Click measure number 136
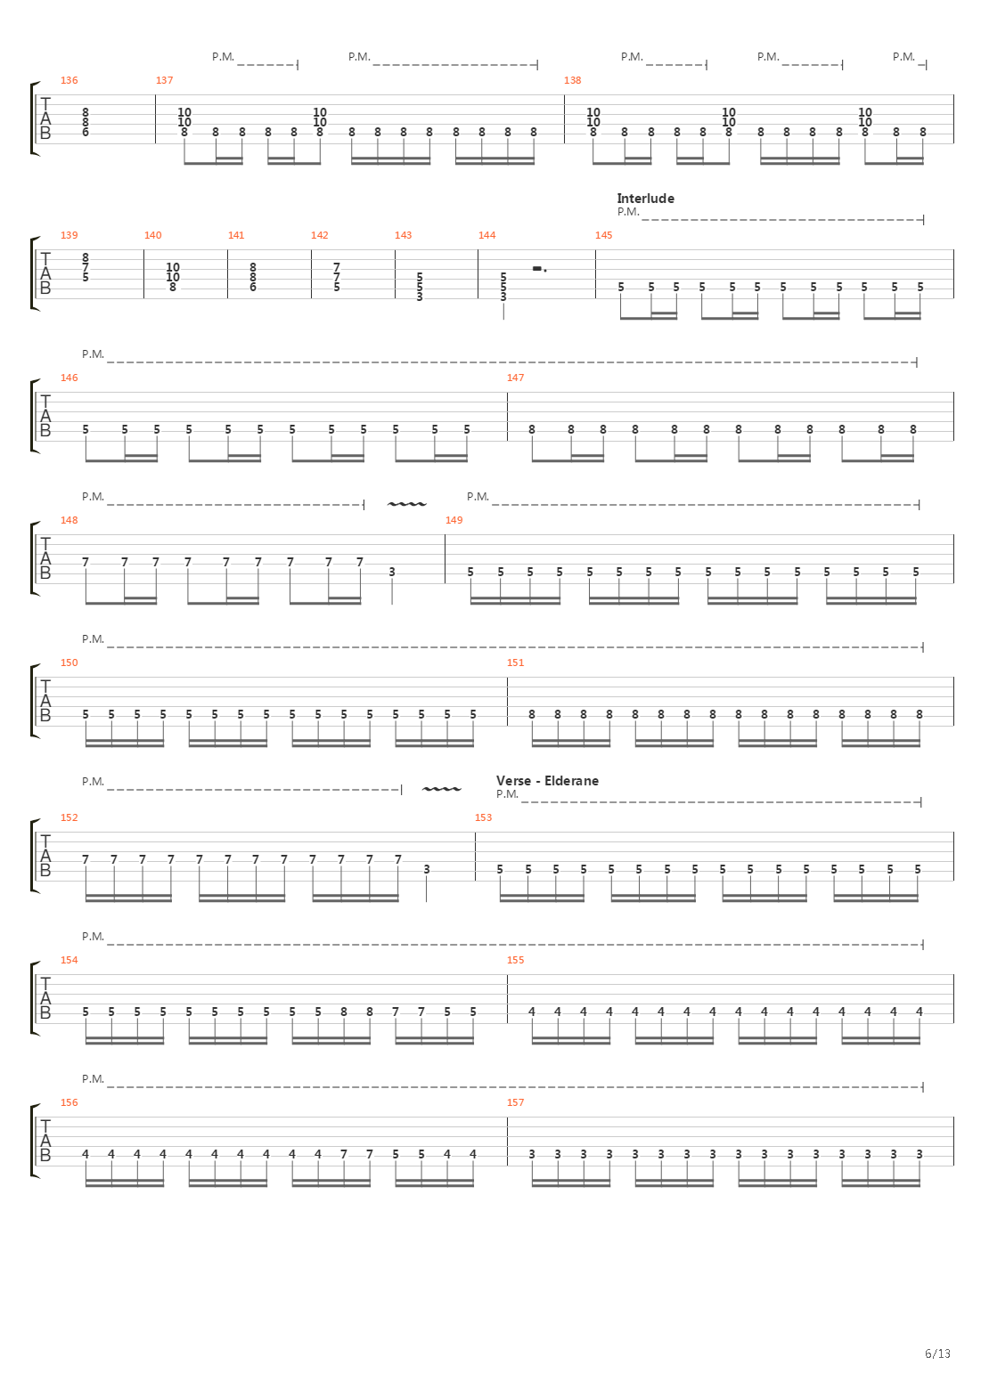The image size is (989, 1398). (x=69, y=80)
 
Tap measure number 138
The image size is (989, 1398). (x=572, y=80)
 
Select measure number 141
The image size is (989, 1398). (x=236, y=235)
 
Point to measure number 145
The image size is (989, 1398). (x=603, y=235)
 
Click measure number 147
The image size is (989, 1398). (x=515, y=378)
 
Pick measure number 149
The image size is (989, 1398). (x=454, y=520)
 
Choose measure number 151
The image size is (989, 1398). (x=515, y=662)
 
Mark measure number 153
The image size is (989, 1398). (x=483, y=817)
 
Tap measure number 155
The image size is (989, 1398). (x=515, y=960)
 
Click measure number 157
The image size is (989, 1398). (x=515, y=1102)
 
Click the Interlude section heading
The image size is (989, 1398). (x=645, y=199)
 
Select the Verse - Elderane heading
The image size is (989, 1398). (x=547, y=781)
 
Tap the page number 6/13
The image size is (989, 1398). (x=937, y=1353)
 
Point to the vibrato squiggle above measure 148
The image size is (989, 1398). (x=406, y=505)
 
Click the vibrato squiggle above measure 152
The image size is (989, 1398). (x=441, y=790)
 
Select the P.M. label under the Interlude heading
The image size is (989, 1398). (x=627, y=212)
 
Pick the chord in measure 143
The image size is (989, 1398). (x=420, y=287)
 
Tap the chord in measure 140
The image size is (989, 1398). (x=173, y=276)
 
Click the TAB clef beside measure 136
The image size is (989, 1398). (x=45, y=119)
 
